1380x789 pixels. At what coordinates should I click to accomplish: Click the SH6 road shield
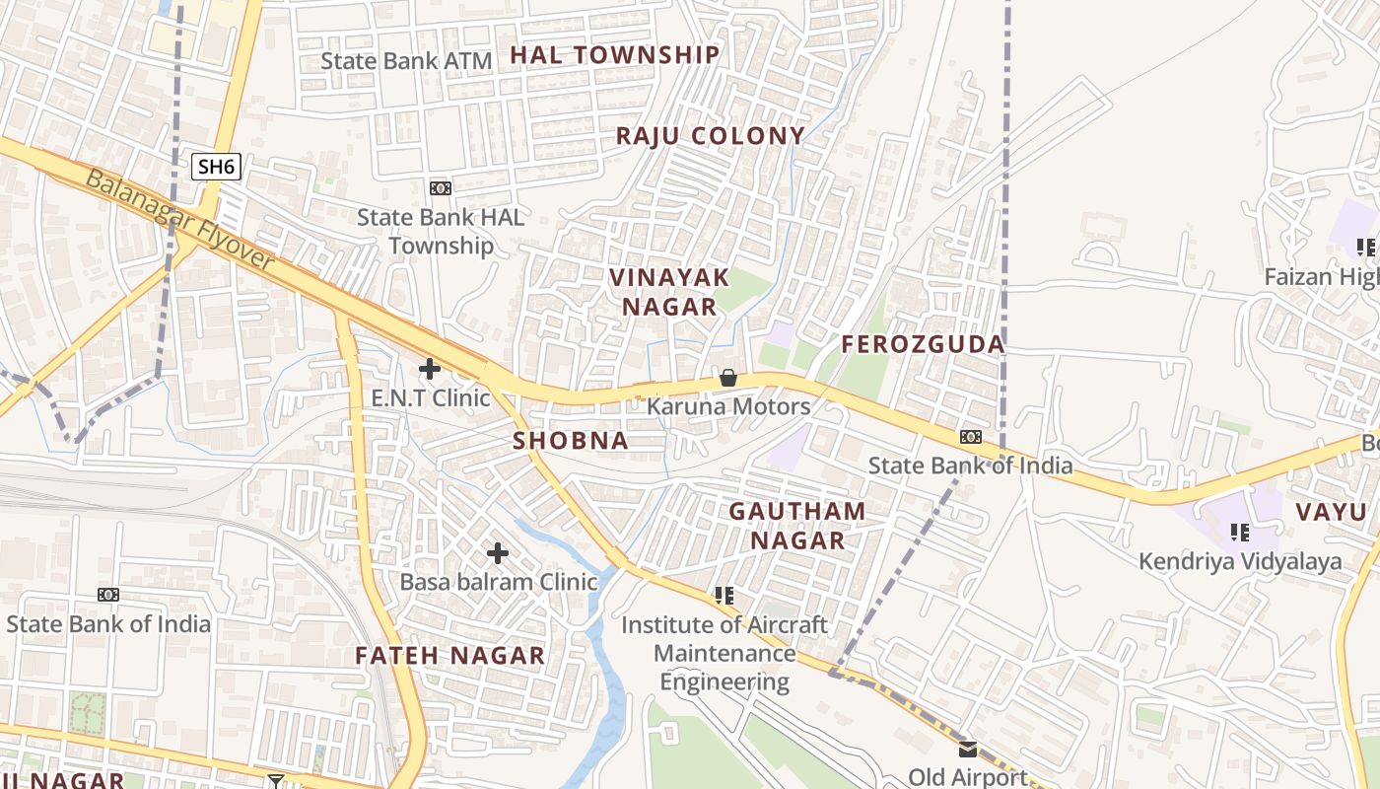point(216,166)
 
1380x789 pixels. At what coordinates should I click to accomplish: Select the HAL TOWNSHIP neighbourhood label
point(615,55)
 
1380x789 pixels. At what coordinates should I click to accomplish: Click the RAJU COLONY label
point(711,136)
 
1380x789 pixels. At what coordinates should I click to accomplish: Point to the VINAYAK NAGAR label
point(669,292)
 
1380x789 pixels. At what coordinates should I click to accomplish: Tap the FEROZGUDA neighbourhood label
point(923,344)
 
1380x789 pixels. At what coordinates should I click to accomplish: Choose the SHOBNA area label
point(571,441)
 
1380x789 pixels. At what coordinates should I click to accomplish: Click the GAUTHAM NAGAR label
point(797,526)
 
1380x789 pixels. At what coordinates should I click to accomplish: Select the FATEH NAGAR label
point(449,656)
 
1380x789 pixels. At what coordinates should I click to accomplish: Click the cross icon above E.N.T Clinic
point(430,370)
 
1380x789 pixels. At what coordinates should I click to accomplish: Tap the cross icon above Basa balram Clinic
point(498,553)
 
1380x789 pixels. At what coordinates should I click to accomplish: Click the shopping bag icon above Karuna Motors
point(728,378)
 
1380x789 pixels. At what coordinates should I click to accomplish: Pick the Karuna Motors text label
point(728,406)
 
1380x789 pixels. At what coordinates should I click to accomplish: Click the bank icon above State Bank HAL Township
point(441,188)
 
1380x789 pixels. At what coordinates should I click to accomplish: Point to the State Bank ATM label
point(406,61)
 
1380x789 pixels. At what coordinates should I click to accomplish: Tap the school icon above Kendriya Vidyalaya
point(1240,534)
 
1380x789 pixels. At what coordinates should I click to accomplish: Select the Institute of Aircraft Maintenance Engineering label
point(724,653)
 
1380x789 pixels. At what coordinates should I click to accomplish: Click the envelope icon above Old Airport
point(968,750)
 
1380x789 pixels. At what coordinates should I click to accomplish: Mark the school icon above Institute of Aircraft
point(724,596)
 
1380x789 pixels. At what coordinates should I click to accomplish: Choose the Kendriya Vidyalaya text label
point(1240,562)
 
